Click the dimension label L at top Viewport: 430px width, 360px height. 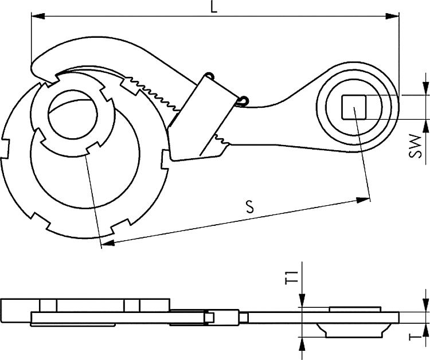coord(213,7)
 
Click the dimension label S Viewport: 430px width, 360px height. coord(250,208)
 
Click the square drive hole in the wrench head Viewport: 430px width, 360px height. coord(354,107)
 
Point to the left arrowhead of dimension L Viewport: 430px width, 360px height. coord(36,17)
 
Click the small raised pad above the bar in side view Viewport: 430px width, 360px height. coord(355,309)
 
